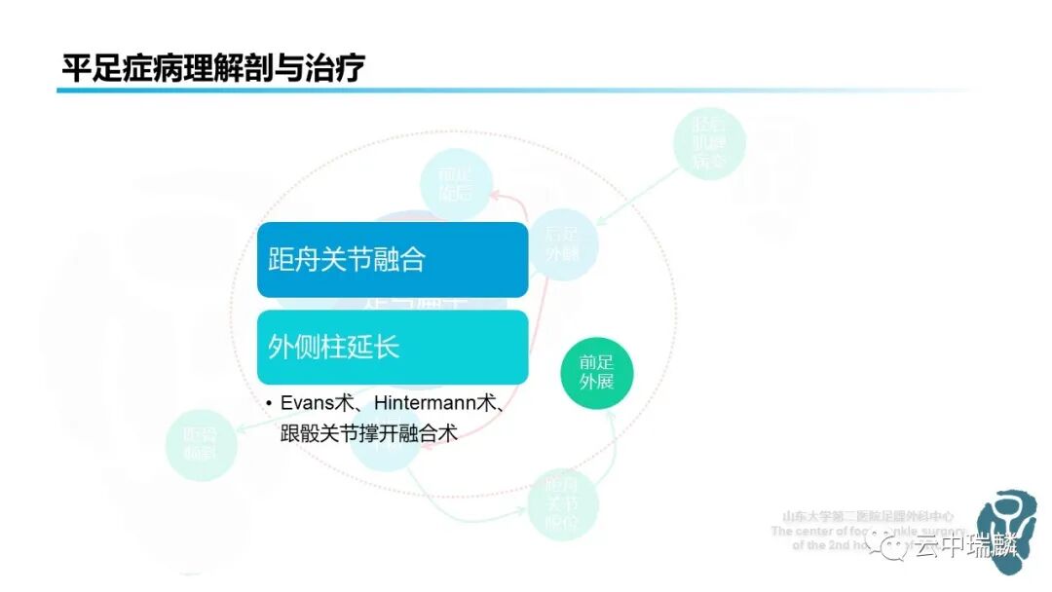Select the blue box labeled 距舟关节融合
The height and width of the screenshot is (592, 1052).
[392, 260]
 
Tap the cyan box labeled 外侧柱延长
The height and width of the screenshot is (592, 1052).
[392, 348]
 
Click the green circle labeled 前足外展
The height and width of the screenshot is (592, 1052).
[596, 371]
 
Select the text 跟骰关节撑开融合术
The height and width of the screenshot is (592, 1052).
[368, 434]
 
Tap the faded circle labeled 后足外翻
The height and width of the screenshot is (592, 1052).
[563, 245]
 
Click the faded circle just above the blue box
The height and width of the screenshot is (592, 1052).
[455, 181]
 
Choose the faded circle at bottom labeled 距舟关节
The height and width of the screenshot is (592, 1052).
[562, 504]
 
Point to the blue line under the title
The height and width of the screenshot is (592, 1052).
[487, 91]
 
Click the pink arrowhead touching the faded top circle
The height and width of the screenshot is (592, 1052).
[495, 195]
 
